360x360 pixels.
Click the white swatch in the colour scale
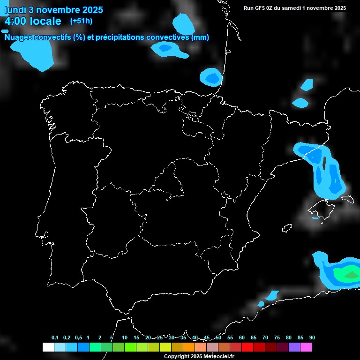[48, 347]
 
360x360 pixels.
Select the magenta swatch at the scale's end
[306, 347]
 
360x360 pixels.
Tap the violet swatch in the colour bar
[294, 347]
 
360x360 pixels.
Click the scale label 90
[312, 337]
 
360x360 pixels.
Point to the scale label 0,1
[55, 337]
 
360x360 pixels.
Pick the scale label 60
[241, 337]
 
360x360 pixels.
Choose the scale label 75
[277, 337]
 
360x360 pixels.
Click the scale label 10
[124, 337]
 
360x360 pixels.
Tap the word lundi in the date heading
[15, 10]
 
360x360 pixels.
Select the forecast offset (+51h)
[81, 21]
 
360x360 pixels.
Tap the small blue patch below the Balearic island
[315, 217]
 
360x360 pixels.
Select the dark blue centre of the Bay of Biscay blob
[212, 77]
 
